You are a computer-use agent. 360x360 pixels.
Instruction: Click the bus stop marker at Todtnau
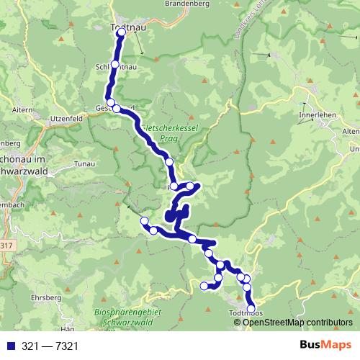(121, 32)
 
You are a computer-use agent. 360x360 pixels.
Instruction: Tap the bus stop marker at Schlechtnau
(115, 65)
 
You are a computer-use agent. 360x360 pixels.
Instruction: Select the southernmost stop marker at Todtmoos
(251, 309)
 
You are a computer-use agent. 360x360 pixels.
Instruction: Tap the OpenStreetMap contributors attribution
(298, 323)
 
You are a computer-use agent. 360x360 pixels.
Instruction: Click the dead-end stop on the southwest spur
(204, 286)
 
